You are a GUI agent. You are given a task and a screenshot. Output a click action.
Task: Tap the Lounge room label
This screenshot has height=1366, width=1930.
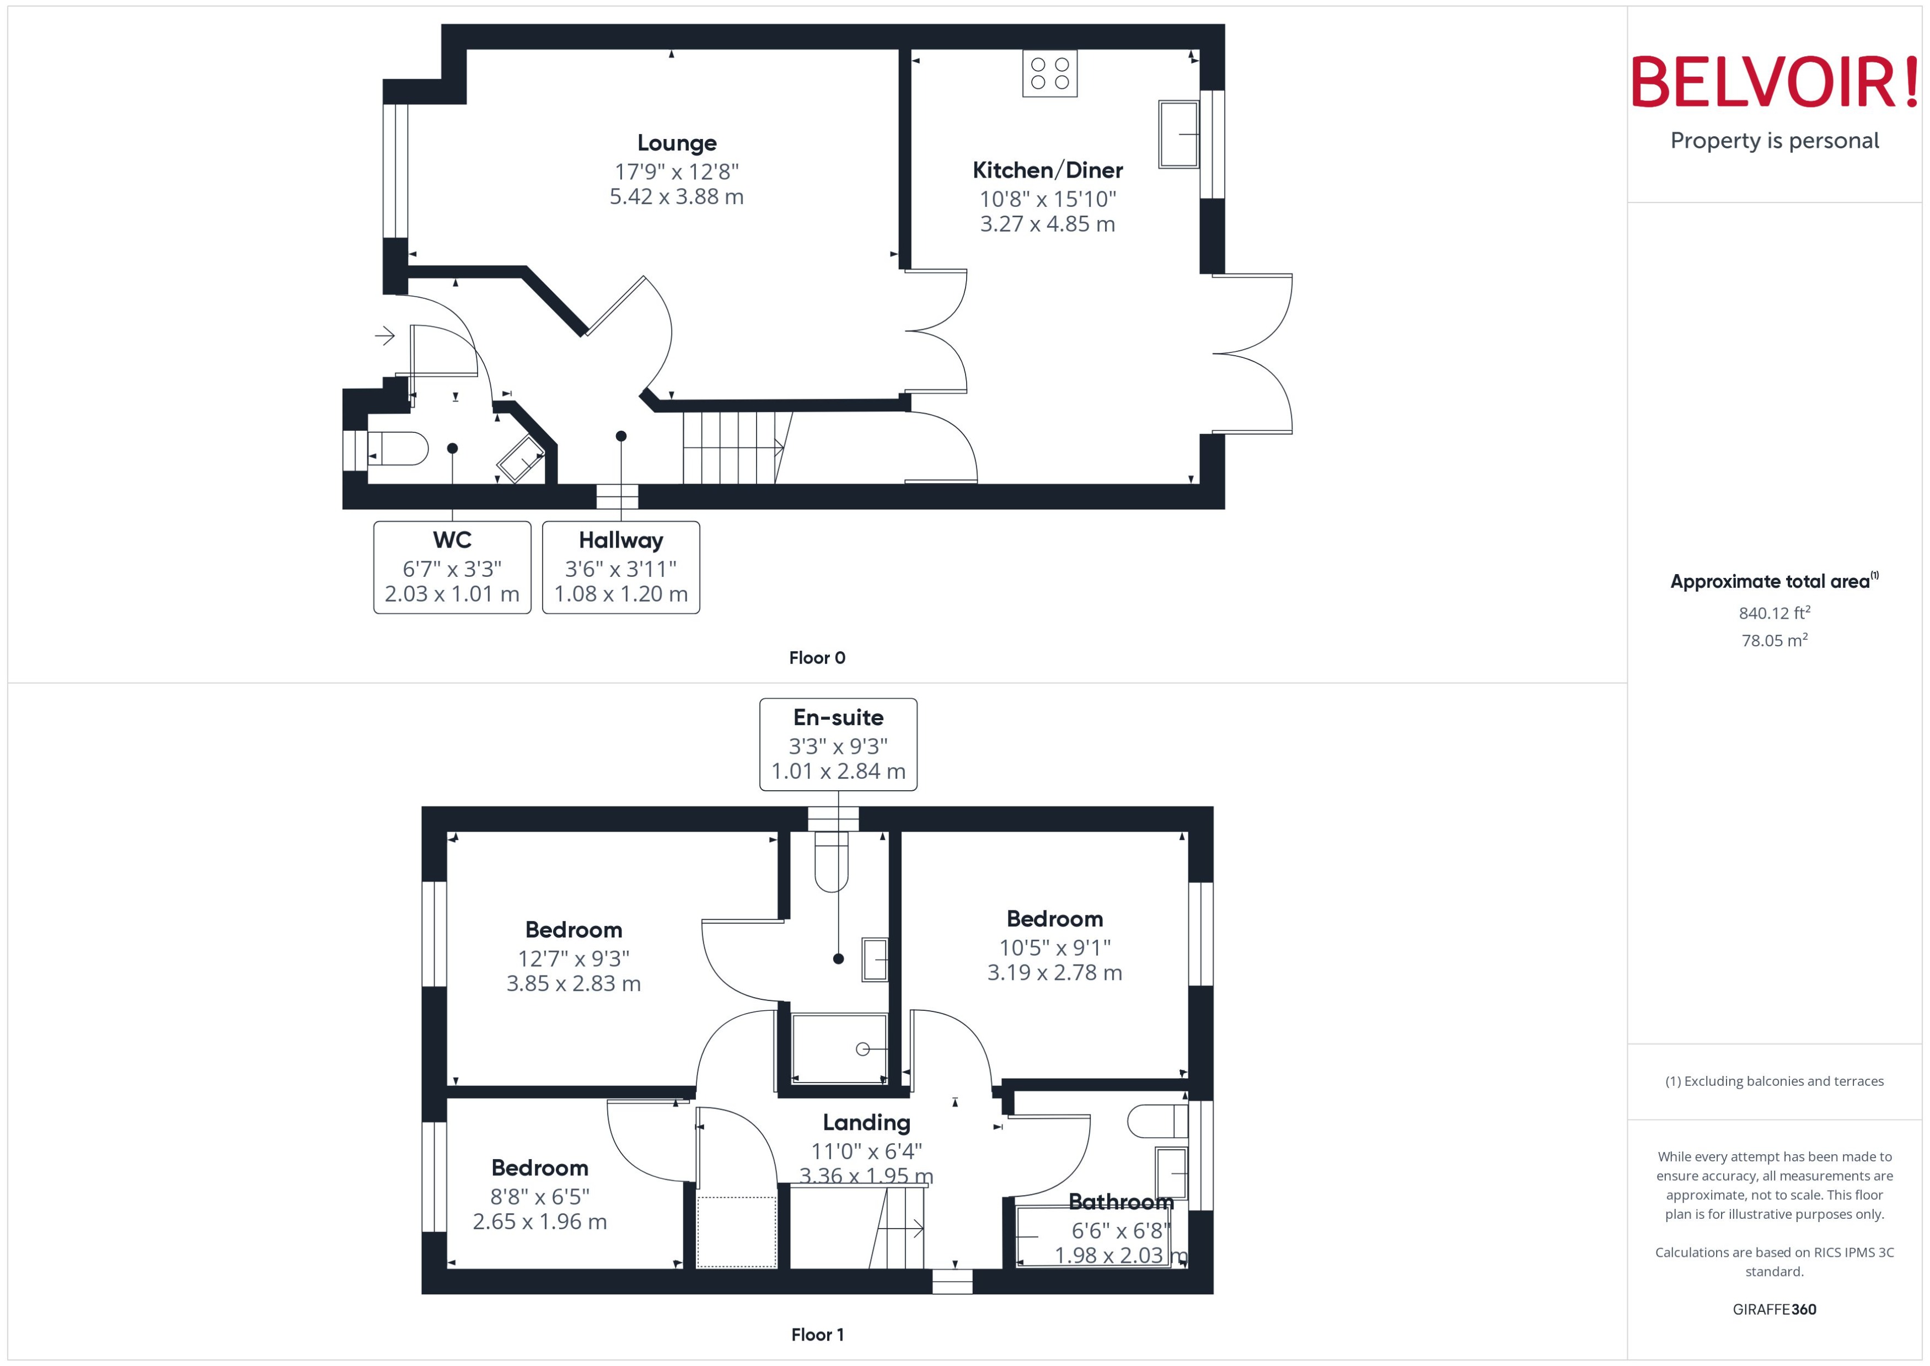(x=677, y=143)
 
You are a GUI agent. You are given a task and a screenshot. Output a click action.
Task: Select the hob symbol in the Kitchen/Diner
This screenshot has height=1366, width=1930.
(x=1049, y=73)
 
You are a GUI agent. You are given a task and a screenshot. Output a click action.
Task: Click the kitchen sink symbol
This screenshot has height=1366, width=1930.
(x=1178, y=135)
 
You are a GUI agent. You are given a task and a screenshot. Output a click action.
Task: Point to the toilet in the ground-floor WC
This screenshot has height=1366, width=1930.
(x=399, y=449)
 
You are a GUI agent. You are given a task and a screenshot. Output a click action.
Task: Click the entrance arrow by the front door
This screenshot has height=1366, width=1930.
(x=385, y=336)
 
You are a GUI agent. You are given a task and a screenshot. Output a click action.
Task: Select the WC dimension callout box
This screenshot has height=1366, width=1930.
(x=452, y=568)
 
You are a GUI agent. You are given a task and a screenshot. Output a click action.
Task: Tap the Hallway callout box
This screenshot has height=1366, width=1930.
(x=620, y=568)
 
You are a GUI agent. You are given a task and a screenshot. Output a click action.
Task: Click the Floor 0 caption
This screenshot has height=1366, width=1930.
(x=817, y=658)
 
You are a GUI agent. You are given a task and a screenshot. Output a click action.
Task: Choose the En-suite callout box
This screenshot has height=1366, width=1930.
(x=838, y=744)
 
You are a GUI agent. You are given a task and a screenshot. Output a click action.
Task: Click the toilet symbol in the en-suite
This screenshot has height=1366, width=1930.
(x=831, y=862)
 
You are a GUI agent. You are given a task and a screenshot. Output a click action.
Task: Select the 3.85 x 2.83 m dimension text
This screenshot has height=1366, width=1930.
(x=573, y=983)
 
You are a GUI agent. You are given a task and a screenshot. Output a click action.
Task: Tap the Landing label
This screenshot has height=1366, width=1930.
(x=866, y=1122)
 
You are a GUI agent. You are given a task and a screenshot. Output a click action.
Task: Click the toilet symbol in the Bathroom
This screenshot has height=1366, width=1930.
(x=1156, y=1121)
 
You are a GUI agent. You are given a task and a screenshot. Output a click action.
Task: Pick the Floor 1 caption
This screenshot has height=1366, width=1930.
(x=817, y=1335)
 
